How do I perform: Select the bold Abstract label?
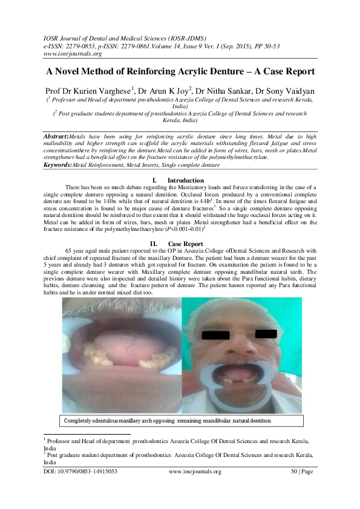pos(58,137)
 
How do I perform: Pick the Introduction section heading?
pos(185,181)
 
